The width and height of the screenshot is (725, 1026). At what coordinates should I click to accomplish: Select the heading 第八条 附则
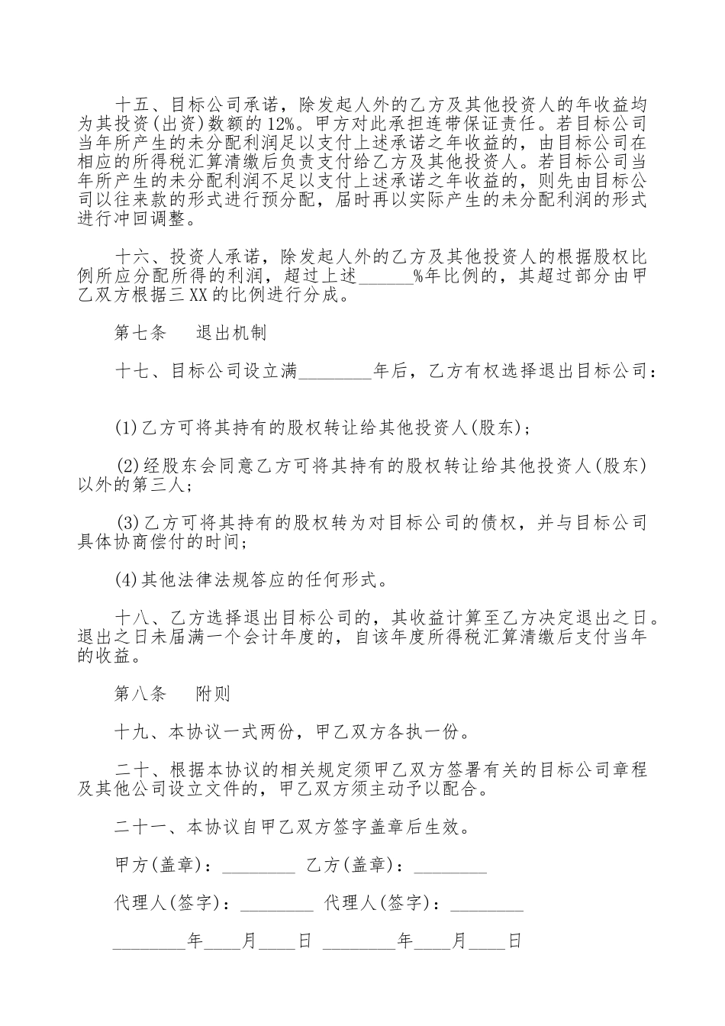172,694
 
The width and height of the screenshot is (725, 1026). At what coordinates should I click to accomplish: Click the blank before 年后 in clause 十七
333,372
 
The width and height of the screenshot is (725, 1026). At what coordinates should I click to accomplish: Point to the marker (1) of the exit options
124,428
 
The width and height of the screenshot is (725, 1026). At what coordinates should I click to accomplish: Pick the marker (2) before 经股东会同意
126,466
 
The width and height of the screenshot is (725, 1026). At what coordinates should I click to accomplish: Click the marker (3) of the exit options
126,523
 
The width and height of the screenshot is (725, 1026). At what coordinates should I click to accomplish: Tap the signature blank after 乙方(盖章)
449,866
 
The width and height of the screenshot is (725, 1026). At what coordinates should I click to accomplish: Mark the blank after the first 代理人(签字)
276,904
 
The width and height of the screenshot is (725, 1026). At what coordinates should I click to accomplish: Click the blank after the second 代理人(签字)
487,904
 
